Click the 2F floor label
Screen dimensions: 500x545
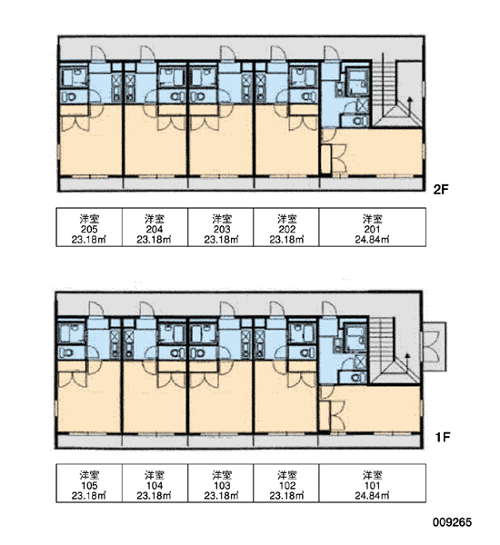(x=441, y=190)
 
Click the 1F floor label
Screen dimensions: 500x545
(x=443, y=437)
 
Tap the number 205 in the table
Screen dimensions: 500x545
(x=89, y=230)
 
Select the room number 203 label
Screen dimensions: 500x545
(x=222, y=230)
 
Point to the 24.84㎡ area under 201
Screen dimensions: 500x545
(x=372, y=240)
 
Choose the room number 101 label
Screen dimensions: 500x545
(x=372, y=486)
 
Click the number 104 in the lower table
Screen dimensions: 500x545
(x=155, y=486)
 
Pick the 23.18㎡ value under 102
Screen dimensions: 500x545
(x=286, y=496)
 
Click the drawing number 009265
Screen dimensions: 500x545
(x=453, y=522)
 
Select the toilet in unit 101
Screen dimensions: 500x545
(x=356, y=378)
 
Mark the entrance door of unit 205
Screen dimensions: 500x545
(x=98, y=54)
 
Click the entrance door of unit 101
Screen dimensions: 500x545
(x=329, y=310)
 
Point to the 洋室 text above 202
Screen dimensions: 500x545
(x=286, y=219)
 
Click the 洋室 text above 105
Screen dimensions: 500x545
(x=89, y=475)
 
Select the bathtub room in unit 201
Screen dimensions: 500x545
(x=357, y=82)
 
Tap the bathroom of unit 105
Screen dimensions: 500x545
(x=72, y=332)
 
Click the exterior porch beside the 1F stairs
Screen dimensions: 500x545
(x=435, y=346)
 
